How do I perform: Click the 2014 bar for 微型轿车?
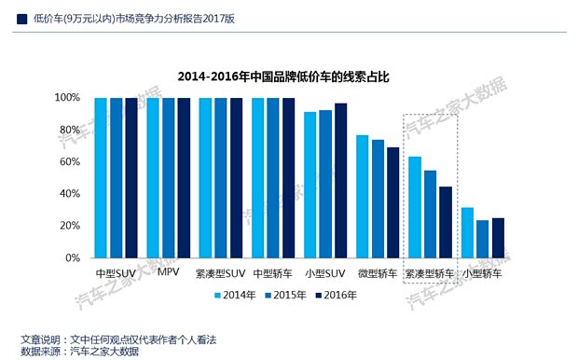tap(363, 197)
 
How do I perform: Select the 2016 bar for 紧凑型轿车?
tap(445, 222)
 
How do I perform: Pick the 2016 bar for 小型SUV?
tap(340, 180)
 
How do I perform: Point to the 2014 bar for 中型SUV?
tap(100, 177)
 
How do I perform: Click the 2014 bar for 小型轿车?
tap(468, 232)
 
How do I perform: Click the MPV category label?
tap(169, 273)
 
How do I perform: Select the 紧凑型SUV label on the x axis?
tap(221, 273)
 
